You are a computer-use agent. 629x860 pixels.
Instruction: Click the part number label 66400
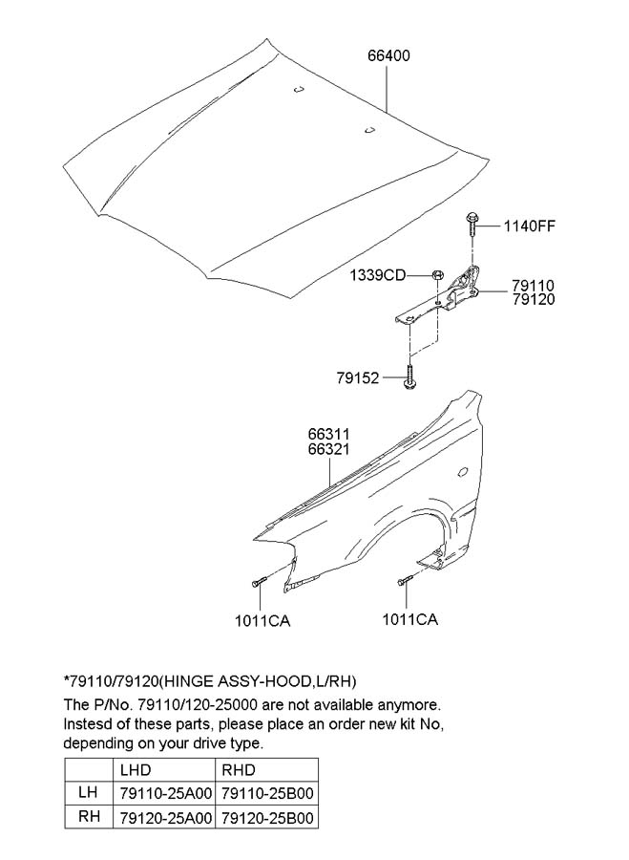click(x=388, y=55)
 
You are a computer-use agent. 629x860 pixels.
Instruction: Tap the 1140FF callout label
click(x=530, y=226)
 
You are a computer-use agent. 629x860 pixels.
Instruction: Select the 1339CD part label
click(x=378, y=275)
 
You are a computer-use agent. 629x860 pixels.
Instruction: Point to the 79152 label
click(x=358, y=377)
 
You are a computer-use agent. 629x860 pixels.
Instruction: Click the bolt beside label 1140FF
click(x=472, y=225)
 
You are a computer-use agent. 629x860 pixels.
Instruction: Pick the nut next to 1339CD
click(x=437, y=275)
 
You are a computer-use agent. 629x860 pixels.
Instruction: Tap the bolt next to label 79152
click(x=409, y=377)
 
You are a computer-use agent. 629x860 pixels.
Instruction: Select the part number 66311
click(x=328, y=435)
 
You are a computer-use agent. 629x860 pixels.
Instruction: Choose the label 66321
click(x=328, y=449)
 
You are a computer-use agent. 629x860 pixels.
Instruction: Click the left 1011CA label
click(x=262, y=621)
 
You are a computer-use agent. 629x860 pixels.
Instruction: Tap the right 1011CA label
click(x=410, y=619)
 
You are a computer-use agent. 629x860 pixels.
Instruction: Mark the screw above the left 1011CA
click(x=259, y=582)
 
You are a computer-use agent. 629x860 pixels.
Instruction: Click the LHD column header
click(x=136, y=770)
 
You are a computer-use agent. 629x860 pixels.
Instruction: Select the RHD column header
click(x=239, y=770)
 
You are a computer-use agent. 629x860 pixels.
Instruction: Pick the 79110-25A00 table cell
click(x=165, y=794)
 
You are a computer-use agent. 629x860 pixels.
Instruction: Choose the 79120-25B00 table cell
click(x=267, y=818)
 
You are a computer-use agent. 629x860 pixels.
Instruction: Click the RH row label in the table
click(x=89, y=816)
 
